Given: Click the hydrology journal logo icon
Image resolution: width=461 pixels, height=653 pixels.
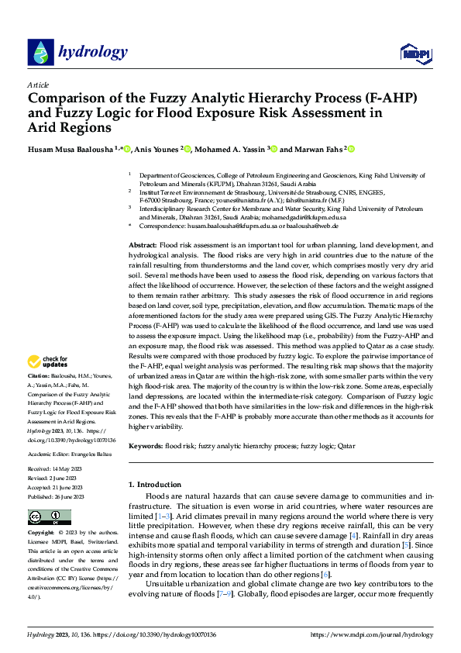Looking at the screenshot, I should [x=40, y=53].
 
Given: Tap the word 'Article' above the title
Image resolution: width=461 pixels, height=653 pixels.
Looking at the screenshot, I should [x=38, y=85].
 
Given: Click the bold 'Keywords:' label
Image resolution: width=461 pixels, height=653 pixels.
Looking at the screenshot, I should [x=146, y=446].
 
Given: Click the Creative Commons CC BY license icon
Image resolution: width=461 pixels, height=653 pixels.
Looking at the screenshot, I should [x=49, y=517].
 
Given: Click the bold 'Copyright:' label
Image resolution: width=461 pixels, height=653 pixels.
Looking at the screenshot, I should [x=41, y=534].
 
